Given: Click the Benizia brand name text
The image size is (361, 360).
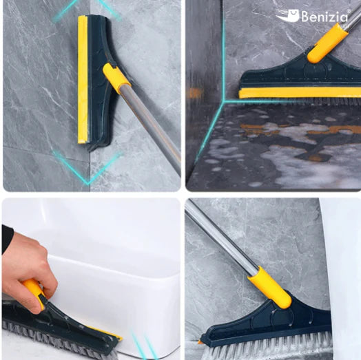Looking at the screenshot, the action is point(324,17).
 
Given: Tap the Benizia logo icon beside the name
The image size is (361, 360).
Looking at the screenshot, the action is point(287,16).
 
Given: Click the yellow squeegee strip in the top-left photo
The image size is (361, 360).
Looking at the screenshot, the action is point(83,80).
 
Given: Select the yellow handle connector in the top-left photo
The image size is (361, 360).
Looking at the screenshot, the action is point(116,78).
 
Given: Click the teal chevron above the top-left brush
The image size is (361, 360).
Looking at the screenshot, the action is point(86,9).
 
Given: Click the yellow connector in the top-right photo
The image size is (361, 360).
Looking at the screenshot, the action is point(327,43).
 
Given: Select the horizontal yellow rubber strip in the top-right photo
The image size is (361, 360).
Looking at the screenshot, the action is point(300,93).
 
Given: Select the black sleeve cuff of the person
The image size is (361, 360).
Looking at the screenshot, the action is point(7,240).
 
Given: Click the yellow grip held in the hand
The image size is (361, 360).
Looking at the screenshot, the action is point(34,292).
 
